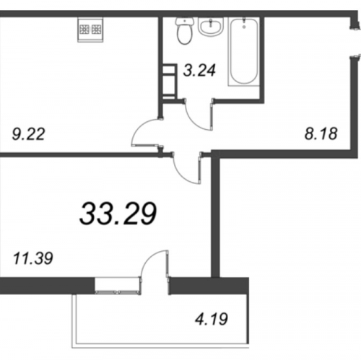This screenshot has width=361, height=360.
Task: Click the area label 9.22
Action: coord(28,134)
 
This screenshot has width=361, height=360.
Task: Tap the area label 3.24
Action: coord(199,71)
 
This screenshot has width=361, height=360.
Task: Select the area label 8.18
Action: coord(321,134)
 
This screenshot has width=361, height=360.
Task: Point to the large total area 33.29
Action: coord(118,214)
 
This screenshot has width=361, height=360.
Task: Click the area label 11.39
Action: coord(33,258)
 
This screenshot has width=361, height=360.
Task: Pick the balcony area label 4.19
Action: coord(212,319)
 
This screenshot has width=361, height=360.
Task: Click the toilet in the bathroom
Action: coord(185,31)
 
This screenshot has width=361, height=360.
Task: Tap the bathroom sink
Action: coord(211,27)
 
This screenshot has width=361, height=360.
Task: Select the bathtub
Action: coord(243,51)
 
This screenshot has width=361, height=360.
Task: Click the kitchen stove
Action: coord(90,30)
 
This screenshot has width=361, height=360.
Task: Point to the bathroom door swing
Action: coord(199,115)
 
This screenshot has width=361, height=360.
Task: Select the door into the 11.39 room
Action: coord(186,168)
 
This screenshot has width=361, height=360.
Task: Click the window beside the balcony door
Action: coord(118,286)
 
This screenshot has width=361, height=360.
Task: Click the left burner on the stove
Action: coord(84,30)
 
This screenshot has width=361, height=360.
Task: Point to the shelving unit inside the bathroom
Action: coord(170,82)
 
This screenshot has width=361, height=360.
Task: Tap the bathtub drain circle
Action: coord(244,27)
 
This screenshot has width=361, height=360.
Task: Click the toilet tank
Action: coord(185,21)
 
